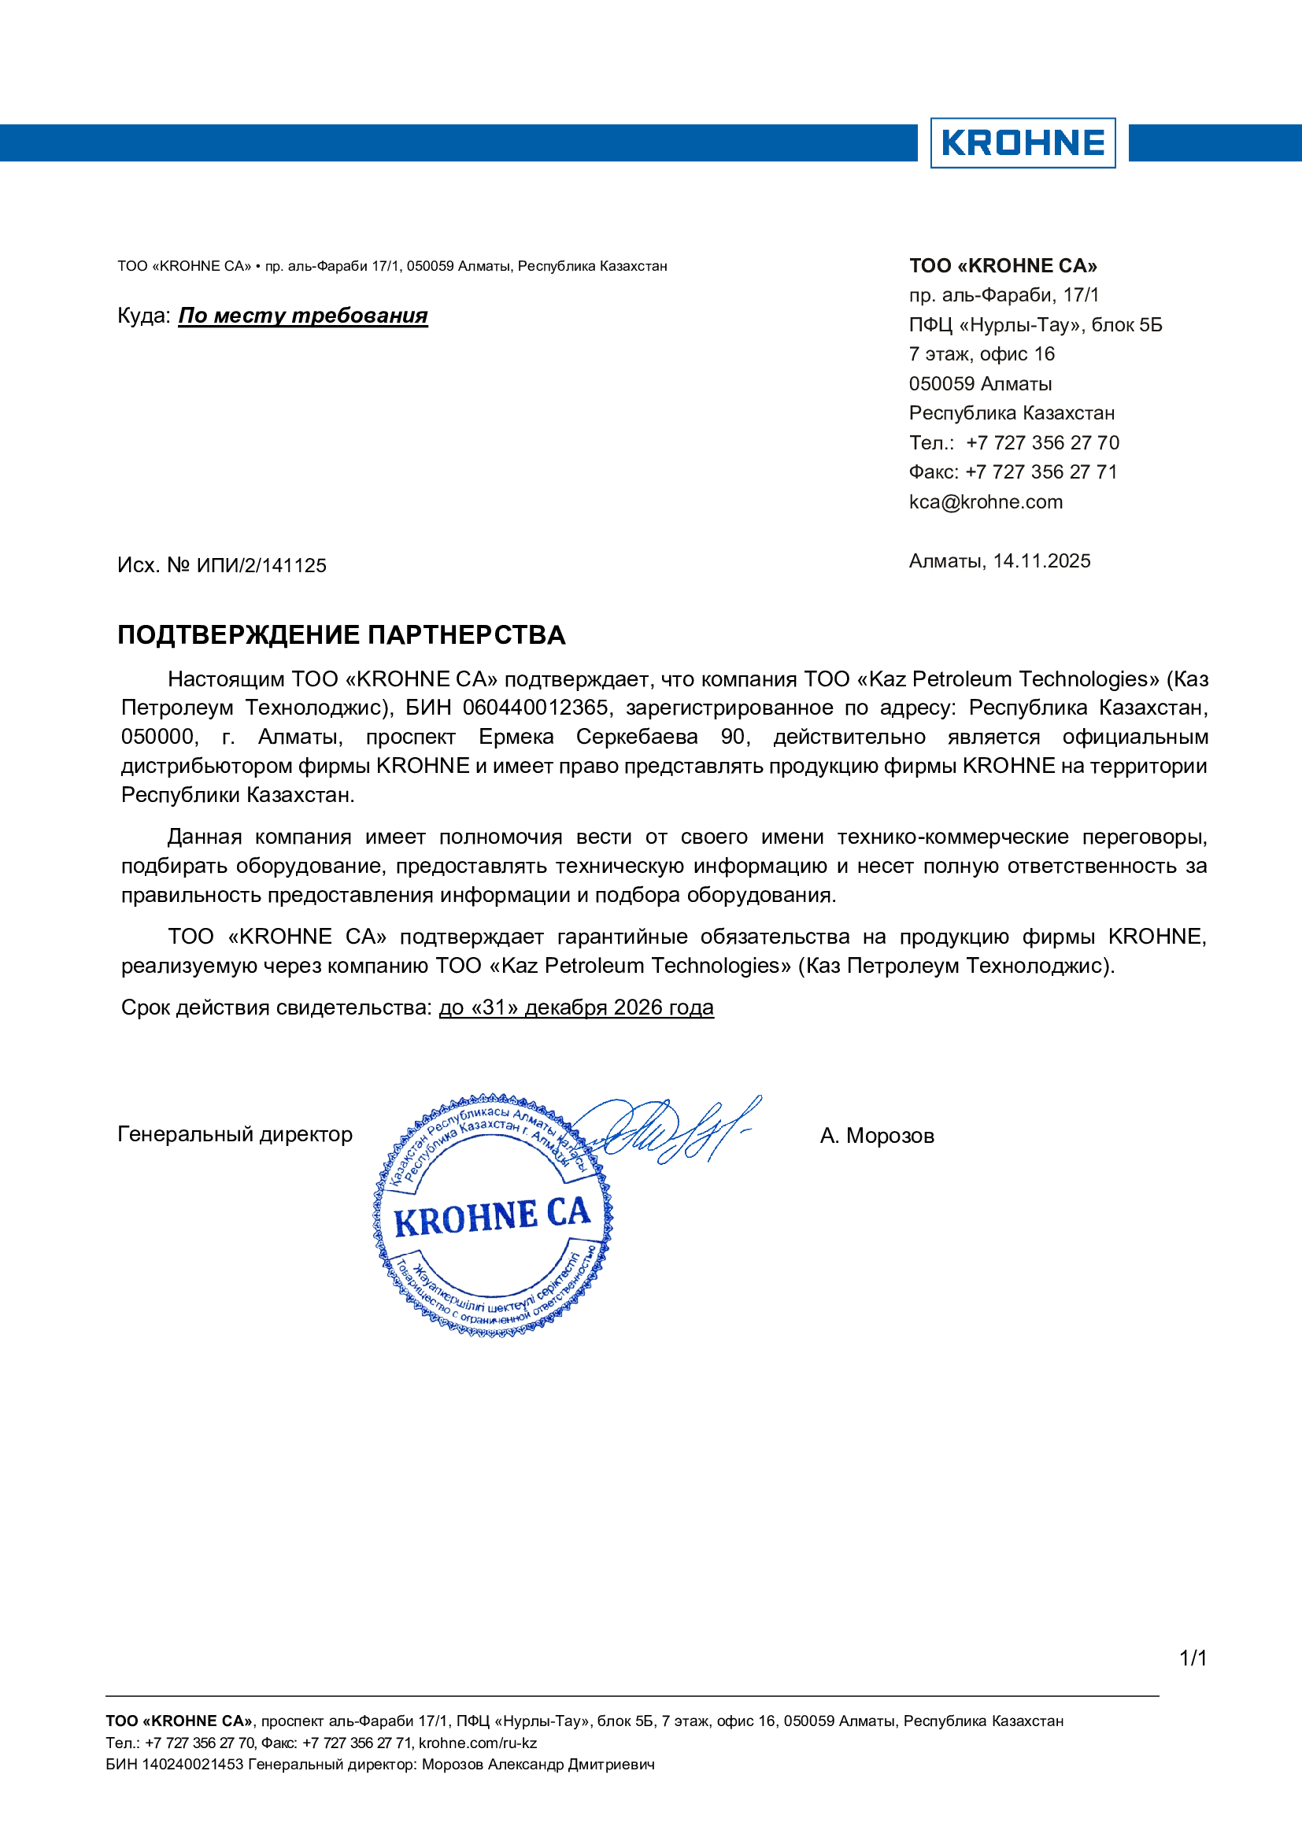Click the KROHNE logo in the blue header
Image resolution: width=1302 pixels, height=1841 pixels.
(1023, 142)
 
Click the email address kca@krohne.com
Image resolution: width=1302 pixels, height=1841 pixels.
(986, 502)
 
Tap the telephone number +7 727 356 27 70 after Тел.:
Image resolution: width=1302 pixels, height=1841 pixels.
(1042, 442)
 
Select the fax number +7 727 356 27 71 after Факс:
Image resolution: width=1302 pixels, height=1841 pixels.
(1041, 472)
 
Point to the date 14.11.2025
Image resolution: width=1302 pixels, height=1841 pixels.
(1041, 561)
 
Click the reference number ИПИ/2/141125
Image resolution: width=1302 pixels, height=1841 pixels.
(261, 566)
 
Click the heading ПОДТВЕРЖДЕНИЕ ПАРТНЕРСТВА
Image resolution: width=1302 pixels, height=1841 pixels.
(342, 635)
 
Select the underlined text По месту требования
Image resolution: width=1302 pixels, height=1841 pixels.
(303, 316)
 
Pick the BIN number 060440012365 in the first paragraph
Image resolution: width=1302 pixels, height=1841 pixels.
(535, 708)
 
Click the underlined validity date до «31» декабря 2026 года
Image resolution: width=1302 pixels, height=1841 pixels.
(575, 1008)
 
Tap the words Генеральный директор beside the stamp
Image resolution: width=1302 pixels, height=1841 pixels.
(235, 1135)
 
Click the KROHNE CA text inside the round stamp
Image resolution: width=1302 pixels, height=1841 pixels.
(491, 1217)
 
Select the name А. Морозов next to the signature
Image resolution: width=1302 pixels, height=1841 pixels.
(877, 1137)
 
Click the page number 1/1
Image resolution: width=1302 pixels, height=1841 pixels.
(1193, 1658)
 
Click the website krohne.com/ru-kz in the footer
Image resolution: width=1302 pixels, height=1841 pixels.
(478, 1743)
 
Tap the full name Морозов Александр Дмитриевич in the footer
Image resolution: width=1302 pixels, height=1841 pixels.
(538, 1764)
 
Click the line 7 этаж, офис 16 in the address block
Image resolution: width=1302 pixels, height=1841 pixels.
(982, 354)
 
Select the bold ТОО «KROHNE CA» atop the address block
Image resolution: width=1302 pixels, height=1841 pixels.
(1003, 266)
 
